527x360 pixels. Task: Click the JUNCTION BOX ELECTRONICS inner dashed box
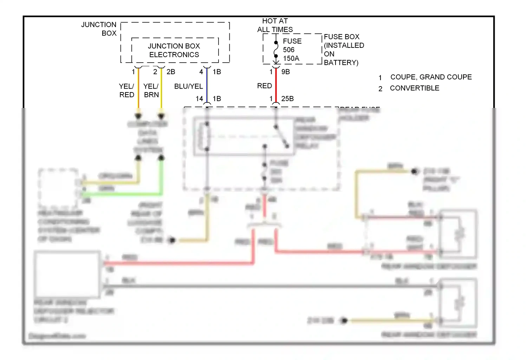(174, 50)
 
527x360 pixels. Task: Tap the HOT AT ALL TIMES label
(275, 25)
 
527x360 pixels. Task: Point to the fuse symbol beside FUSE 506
(276, 50)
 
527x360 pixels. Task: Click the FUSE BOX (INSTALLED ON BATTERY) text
(344, 50)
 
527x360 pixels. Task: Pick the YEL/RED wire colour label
(126, 90)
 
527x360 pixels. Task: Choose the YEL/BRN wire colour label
(151, 90)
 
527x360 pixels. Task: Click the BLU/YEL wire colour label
(188, 86)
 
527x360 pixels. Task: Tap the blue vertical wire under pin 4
(207, 86)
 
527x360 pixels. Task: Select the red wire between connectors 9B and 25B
(276, 86)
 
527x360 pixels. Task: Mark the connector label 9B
(286, 72)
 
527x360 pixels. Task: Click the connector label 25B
(287, 99)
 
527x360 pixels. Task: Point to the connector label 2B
(171, 72)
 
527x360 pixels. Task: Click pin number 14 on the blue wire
(199, 99)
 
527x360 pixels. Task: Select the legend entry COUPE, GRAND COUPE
(431, 77)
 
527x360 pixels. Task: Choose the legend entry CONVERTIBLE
(415, 88)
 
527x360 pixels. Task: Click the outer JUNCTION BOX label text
(99, 29)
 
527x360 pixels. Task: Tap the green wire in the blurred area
(123, 194)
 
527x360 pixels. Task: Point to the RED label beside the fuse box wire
(264, 86)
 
